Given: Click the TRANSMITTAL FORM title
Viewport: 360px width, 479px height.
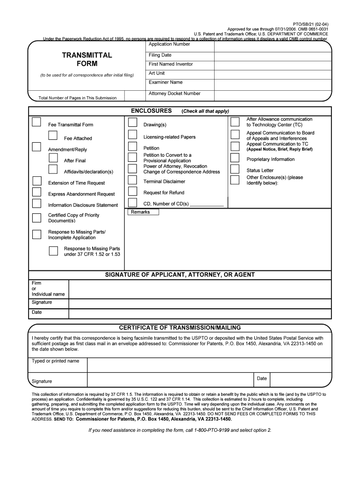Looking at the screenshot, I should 86,59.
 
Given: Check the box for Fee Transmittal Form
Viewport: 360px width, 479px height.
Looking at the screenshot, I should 36,123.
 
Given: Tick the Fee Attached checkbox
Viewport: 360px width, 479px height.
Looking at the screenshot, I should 53,136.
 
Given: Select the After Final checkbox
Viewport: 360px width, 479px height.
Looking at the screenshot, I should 53,158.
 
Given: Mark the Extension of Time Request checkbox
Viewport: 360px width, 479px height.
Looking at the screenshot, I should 36,181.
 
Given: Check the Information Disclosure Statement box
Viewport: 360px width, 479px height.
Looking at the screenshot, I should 36,203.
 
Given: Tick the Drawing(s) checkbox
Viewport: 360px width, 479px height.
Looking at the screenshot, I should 133,123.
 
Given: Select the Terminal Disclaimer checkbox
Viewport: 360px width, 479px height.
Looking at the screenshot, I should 133,181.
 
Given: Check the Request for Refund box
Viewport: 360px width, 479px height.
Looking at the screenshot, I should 133,191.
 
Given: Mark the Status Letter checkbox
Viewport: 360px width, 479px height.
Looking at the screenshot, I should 235,170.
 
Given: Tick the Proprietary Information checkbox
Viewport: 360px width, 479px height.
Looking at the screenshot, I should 235,158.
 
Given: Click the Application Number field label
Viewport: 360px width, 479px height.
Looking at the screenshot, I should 169,44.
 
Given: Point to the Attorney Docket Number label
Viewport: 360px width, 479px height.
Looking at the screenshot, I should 174,94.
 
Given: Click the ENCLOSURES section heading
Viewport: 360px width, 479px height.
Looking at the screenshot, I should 151,111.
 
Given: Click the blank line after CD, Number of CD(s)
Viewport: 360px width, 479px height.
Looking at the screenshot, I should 207,204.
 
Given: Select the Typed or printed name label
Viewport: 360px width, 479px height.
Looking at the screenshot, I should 55,361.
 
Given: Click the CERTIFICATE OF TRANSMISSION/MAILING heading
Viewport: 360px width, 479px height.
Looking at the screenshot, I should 180,327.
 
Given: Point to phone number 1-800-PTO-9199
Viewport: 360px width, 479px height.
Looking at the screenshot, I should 211,430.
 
